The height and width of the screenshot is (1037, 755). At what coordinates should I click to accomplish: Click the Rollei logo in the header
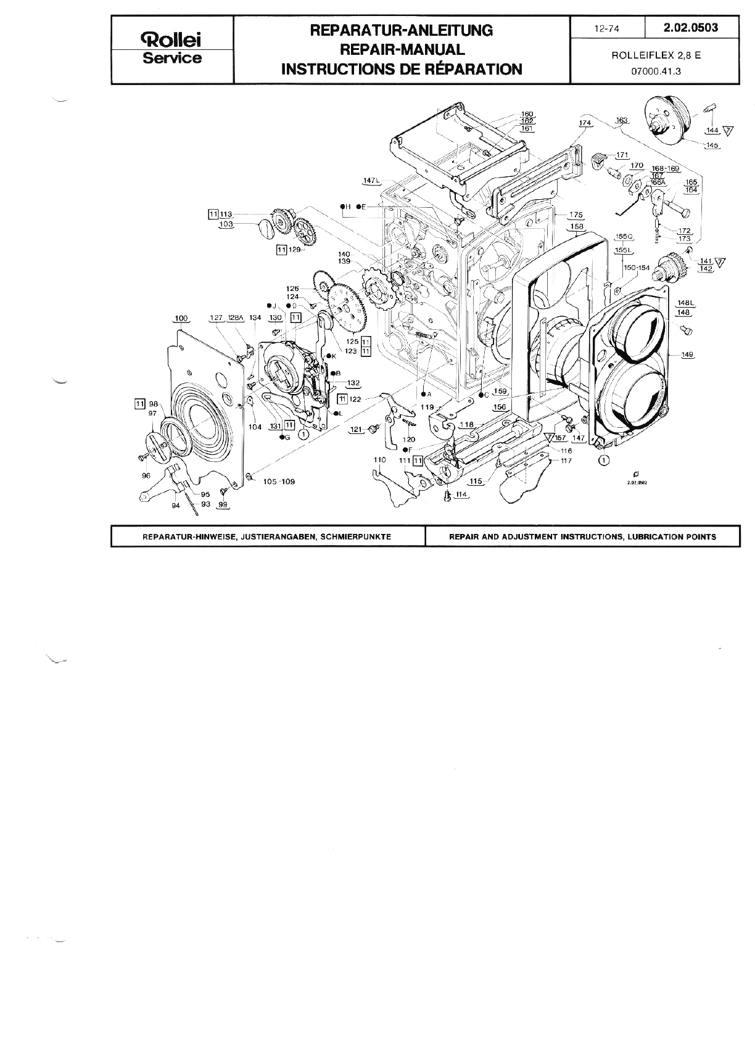pyautogui.click(x=172, y=41)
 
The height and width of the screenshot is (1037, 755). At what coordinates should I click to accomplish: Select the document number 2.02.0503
pyautogui.click(x=691, y=28)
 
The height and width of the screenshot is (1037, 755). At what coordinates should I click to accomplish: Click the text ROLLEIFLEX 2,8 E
pyautogui.click(x=656, y=54)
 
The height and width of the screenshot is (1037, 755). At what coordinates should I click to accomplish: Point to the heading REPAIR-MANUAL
pyautogui.click(x=402, y=49)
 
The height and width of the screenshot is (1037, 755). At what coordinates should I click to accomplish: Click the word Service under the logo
pyautogui.click(x=172, y=59)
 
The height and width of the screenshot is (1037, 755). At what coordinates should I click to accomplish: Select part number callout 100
pyautogui.click(x=181, y=318)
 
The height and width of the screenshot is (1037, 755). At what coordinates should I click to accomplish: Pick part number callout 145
pyautogui.click(x=713, y=146)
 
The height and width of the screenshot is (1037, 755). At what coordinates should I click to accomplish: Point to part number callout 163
pyautogui.click(x=621, y=120)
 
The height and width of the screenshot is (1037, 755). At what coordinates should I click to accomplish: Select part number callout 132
pyautogui.click(x=353, y=383)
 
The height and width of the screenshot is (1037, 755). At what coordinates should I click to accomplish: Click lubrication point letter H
pyautogui.click(x=347, y=206)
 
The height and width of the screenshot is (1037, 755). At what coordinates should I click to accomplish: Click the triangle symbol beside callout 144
pyautogui.click(x=729, y=131)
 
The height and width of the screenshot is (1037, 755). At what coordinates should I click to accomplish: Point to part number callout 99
pyautogui.click(x=223, y=504)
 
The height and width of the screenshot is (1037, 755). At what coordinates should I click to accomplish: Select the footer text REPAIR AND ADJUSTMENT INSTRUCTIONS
pyautogui.click(x=583, y=536)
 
